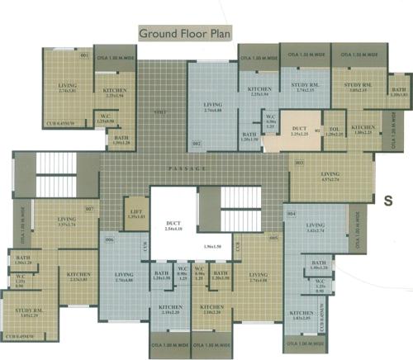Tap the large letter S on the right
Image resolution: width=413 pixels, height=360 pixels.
[387, 198]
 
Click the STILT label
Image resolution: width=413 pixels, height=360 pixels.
[160, 112]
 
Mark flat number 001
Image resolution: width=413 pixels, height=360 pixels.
[83, 56]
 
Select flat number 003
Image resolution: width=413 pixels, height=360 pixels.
[298, 163]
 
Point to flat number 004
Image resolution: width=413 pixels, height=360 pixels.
[292, 213]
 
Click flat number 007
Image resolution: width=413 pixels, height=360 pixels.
[88, 209]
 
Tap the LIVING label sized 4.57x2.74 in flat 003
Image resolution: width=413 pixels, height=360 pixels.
[330, 176]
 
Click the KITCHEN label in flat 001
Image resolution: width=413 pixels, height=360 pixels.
[113, 92]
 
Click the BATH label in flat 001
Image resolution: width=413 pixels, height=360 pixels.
[122, 140]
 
